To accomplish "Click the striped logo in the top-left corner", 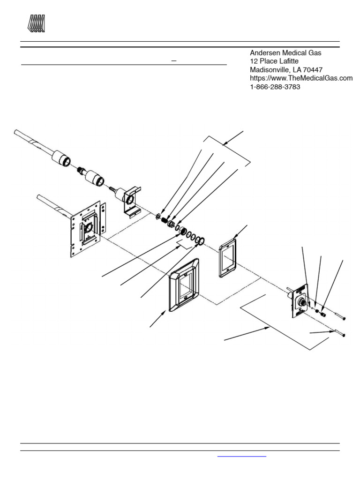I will click(37, 23).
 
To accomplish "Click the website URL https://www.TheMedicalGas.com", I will click(300, 78).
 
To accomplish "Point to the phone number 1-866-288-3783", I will click(275, 87).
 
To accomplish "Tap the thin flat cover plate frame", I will click(228, 258).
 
